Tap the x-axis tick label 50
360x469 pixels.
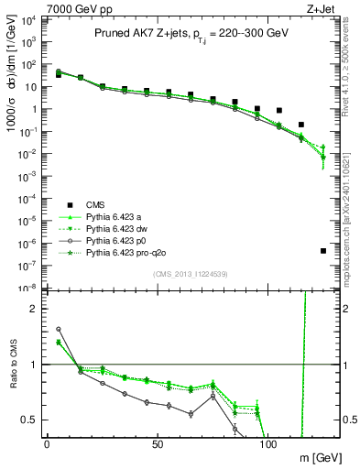[158, 443]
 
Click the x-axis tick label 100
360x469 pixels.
[268, 443]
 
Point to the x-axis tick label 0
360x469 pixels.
[47, 443]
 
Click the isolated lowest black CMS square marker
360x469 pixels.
[323, 251]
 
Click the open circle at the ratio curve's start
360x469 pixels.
[59, 329]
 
